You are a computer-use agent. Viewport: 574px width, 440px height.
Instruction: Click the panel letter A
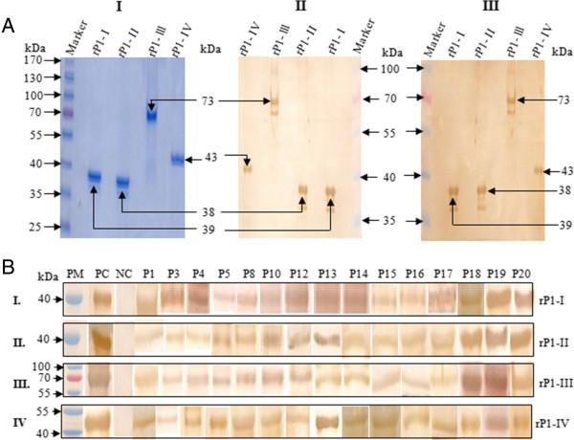pos(9,30)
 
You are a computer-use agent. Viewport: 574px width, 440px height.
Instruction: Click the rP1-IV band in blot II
pos(248,168)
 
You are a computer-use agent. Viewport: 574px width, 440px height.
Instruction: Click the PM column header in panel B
pos(77,275)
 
